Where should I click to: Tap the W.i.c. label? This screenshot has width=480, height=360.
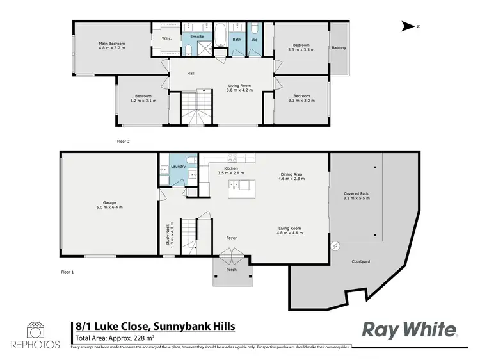tap(166, 37)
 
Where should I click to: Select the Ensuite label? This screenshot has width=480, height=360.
tap(197, 37)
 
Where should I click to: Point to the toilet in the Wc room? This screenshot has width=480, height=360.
tap(254, 30)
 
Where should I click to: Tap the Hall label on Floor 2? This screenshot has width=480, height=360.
tap(190, 73)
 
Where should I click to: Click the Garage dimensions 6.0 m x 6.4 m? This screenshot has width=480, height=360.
tap(109, 207)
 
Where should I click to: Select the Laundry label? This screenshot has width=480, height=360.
tap(178, 167)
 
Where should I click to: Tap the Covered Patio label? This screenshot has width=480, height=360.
tap(356, 193)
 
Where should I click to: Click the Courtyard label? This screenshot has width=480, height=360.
tap(361, 261)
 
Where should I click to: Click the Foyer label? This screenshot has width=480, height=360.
tap(231, 238)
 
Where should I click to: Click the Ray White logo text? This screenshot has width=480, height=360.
tap(410, 329)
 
